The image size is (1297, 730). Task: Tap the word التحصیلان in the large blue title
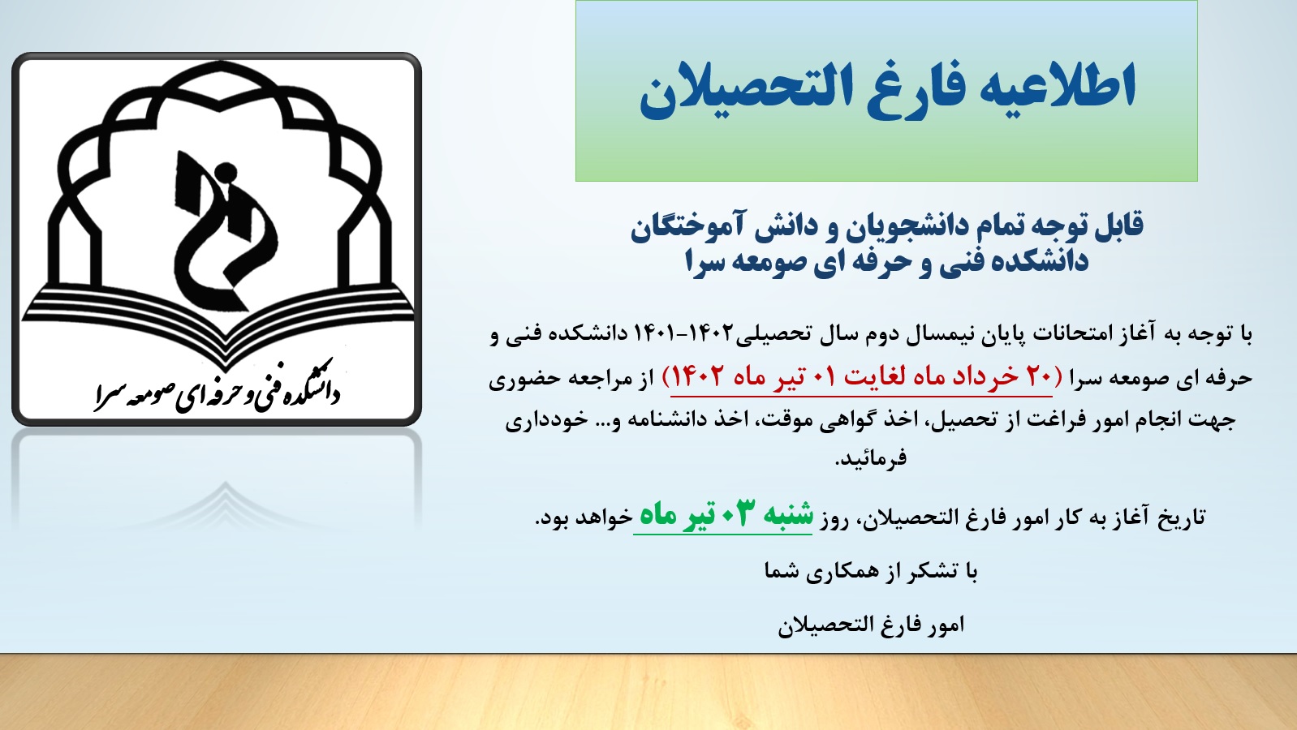(747, 91)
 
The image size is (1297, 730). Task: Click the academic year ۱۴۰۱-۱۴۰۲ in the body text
(683, 333)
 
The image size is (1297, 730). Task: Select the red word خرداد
(976, 376)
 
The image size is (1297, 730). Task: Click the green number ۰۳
(735, 514)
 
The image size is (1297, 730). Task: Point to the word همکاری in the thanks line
(827, 572)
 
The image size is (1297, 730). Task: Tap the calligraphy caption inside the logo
(218, 386)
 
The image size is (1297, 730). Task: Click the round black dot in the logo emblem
(225, 172)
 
